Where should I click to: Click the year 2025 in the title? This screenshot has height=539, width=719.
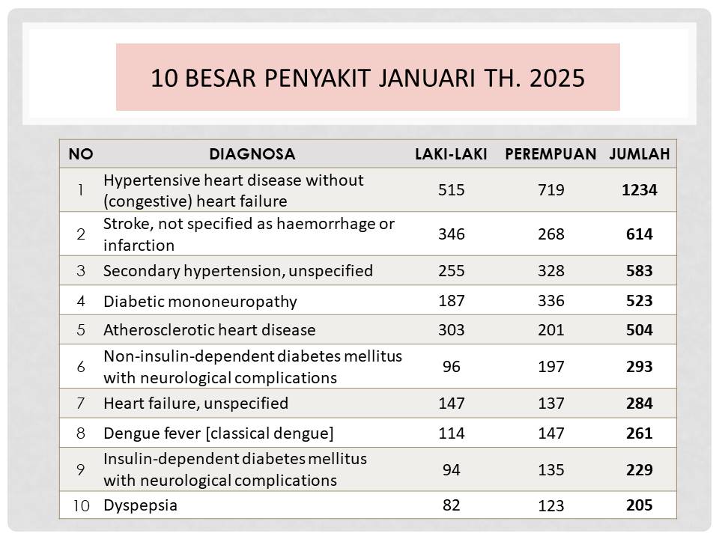[557, 78]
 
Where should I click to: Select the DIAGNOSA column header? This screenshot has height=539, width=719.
[252, 154]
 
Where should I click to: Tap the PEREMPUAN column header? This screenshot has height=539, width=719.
[550, 154]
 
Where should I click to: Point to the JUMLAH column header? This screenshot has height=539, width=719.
[639, 154]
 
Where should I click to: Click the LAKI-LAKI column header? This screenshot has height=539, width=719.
[451, 154]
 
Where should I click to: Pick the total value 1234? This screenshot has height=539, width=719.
[639, 189]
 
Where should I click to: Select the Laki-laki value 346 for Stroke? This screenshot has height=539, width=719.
[451, 234]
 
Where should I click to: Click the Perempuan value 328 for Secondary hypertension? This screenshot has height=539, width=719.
[550, 270]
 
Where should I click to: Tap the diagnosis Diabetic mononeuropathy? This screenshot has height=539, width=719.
[201, 302]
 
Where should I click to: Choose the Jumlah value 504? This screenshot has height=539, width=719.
[639, 330]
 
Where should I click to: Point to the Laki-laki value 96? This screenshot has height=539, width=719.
[451, 367]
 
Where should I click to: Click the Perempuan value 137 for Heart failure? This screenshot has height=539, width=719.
[550, 404]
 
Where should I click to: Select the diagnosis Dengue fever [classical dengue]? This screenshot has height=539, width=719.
[219, 433]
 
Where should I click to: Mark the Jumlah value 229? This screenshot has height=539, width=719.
[639, 470]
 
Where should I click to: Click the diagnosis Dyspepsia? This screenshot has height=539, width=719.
[140, 505]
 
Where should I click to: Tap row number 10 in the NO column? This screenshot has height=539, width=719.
[81, 505]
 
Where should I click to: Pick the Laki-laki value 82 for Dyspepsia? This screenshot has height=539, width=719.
[451, 505]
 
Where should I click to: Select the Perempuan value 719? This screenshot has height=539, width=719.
[550, 189]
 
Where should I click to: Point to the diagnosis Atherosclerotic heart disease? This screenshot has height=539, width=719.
[210, 330]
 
